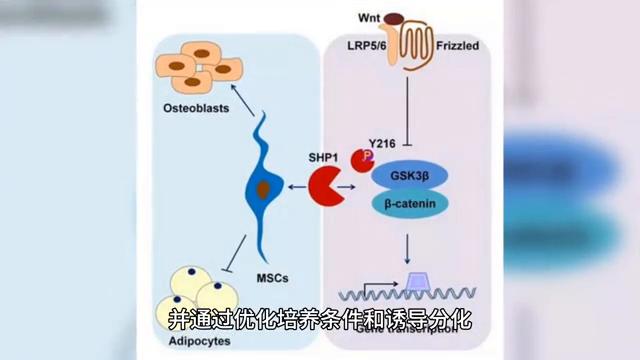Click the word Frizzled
(x=459, y=45)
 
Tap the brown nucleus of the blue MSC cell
(x=264, y=188)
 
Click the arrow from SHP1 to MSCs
(x=294, y=188)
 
